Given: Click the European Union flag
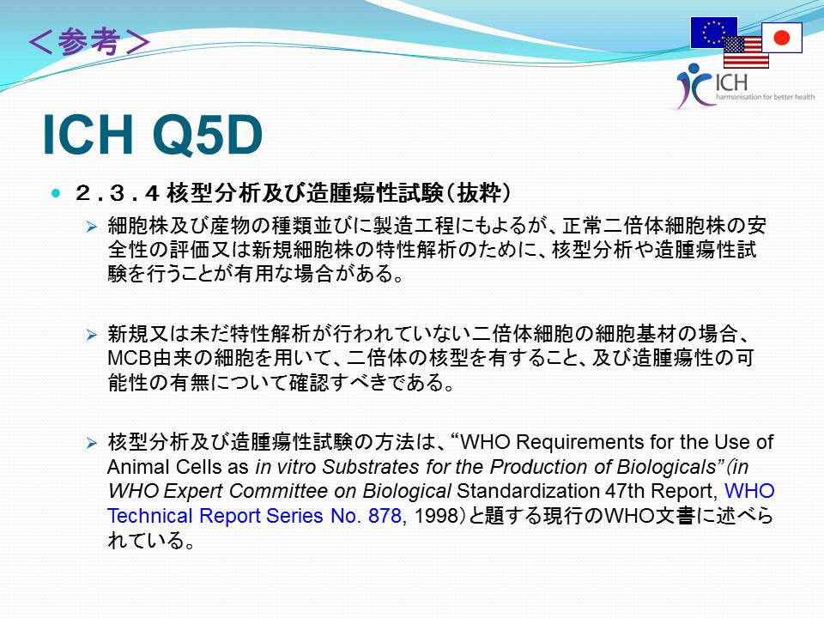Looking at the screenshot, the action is coord(712,32).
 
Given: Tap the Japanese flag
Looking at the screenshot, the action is coord(782,37).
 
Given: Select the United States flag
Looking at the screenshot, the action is coord(746,52).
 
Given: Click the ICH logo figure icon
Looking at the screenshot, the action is coord(693,85).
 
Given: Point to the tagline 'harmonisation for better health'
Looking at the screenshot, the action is coord(765,97).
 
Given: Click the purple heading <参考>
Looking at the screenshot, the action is coord(89,41).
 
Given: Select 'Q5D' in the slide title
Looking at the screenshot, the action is coord(207,135).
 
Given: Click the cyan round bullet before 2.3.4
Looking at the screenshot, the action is coord(56,193).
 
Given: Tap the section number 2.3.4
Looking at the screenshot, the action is coord(117,193).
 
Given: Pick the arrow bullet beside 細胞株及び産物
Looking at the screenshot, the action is coord(92,227).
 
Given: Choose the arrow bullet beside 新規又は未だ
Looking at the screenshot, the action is coord(92,335).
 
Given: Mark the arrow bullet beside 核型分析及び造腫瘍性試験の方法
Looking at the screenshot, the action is coord(92,443).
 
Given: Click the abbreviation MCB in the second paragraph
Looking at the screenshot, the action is coord(130,359).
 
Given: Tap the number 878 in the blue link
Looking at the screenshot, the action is coord(385,516).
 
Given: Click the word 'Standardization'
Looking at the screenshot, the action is coord(528,491).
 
